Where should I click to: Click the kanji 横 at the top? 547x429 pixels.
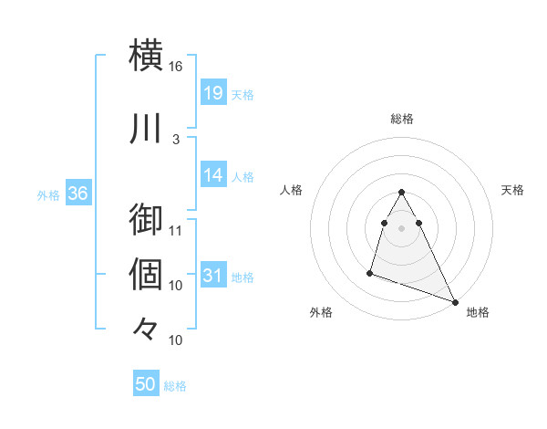(147, 55)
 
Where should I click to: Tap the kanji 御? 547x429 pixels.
(147, 220)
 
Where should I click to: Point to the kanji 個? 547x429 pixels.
(147, 274)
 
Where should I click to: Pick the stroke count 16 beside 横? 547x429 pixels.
(176, 67)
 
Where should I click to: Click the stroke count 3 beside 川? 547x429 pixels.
(176, 139)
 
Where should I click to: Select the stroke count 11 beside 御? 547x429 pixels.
(176, 230)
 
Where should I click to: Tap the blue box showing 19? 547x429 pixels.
(213, 93)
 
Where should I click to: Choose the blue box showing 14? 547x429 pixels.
(213, 176)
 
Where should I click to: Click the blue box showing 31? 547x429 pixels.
(213, 277)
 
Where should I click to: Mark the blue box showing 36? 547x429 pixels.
(78, 194)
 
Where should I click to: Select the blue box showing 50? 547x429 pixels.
(146, 384)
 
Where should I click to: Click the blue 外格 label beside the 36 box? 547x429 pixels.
(48, 195)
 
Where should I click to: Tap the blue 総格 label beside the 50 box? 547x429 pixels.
(175, 386)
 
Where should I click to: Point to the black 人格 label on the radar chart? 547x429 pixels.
(292, 190)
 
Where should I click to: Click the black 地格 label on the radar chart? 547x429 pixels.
(478, 312)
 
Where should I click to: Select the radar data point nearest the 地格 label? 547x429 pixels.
(455, 302)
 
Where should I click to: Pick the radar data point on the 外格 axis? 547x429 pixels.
(370, 272)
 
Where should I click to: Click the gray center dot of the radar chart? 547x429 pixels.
(401, 227)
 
